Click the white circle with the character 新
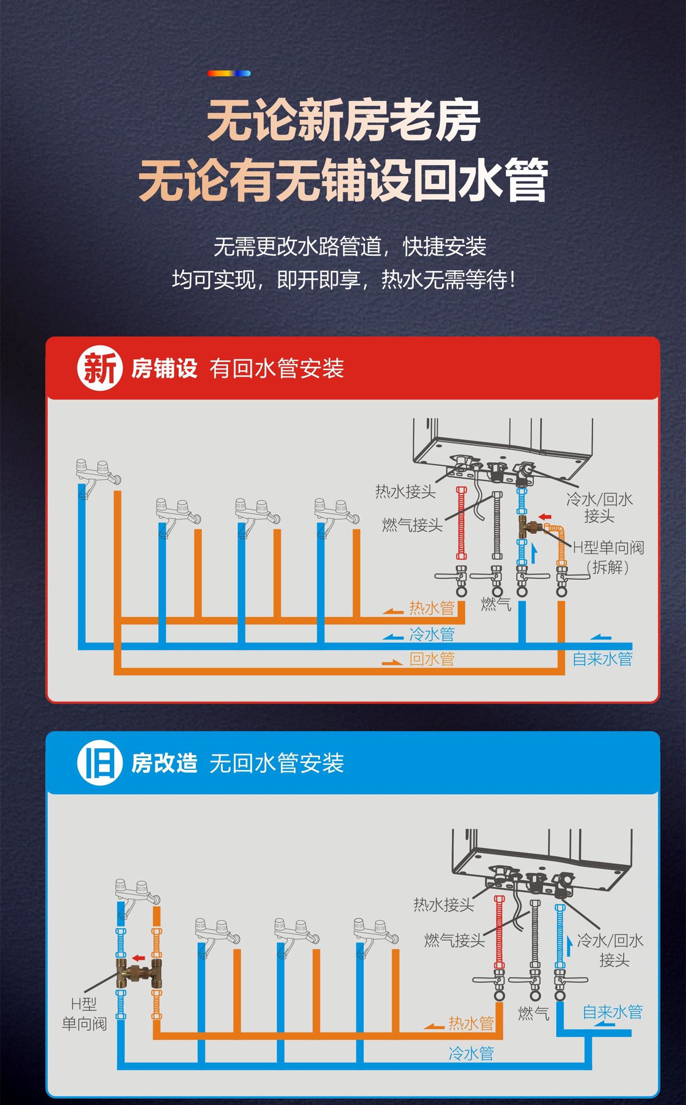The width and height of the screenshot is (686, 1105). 100,368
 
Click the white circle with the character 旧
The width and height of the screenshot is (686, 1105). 100,763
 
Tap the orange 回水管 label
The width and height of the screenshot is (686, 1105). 432,659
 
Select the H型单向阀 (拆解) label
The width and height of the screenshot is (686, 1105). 609,557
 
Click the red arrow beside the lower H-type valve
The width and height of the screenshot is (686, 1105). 138,958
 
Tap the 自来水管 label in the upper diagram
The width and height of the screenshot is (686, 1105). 603,659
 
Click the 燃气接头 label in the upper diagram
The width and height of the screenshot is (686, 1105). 413,525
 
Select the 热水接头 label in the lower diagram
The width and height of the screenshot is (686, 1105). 444,905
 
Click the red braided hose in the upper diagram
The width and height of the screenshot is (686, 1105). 461,523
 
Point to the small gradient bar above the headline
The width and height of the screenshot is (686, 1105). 229,73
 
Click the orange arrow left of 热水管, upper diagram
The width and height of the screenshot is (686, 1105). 393,611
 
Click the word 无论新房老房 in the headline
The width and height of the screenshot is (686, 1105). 343,120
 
